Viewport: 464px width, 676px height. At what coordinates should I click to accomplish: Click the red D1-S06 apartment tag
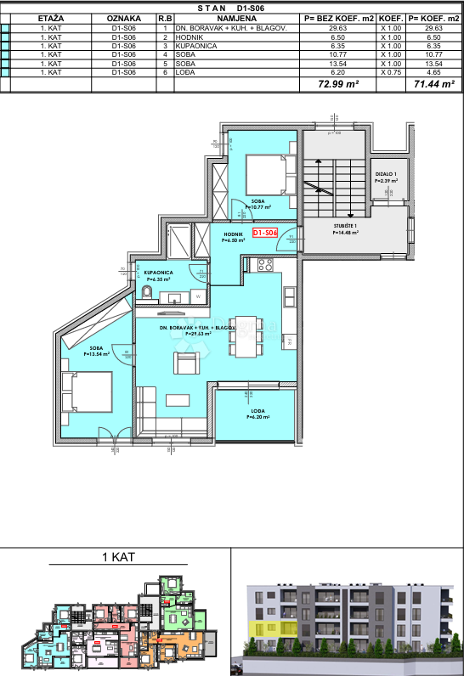265,233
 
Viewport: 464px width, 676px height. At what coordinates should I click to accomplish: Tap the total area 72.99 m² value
336,85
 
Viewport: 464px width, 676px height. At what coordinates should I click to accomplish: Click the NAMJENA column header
237,17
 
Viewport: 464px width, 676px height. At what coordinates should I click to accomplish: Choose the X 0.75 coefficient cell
390,73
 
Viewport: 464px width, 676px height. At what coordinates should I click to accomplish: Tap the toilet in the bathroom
148,293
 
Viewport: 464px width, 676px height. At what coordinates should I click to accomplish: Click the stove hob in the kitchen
264,265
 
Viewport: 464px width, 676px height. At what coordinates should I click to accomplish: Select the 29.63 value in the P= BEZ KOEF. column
336,27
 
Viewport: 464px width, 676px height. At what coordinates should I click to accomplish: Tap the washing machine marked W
198,296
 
